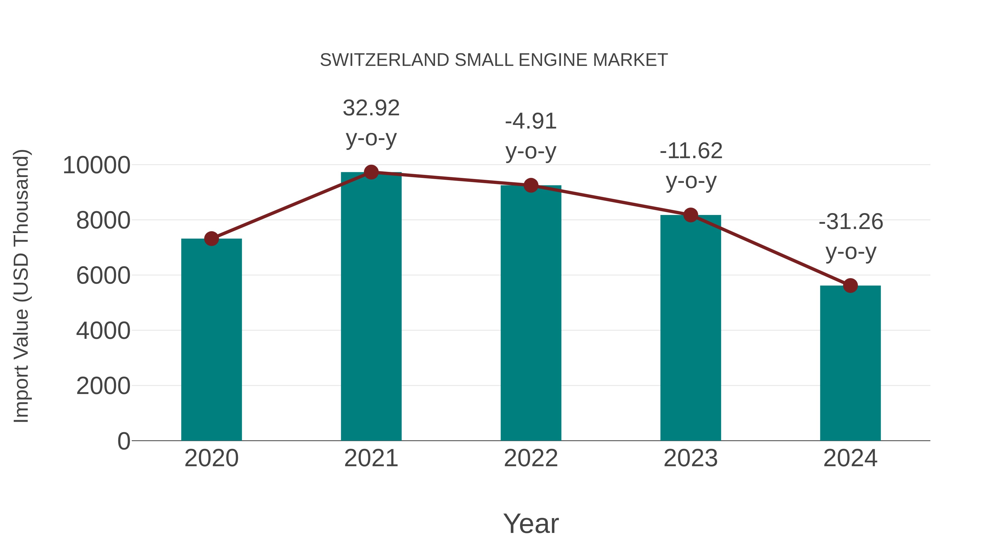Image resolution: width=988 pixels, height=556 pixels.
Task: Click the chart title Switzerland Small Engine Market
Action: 494,60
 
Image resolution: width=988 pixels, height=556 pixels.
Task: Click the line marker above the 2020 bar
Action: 211,239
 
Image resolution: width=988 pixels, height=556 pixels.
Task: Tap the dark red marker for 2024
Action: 850,286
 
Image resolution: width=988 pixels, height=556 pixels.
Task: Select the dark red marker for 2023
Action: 691,215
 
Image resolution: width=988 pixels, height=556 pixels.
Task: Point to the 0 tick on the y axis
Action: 123,441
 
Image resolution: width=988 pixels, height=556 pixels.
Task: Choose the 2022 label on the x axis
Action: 531,458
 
